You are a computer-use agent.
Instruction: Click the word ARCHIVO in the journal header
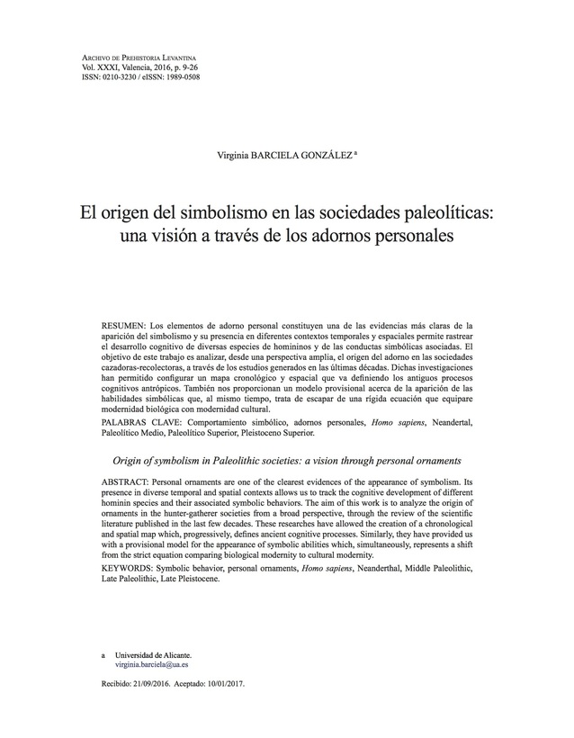96,58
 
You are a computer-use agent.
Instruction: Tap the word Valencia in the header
133,67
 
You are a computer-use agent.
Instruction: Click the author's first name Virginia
236,155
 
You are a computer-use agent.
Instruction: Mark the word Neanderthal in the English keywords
408,570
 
